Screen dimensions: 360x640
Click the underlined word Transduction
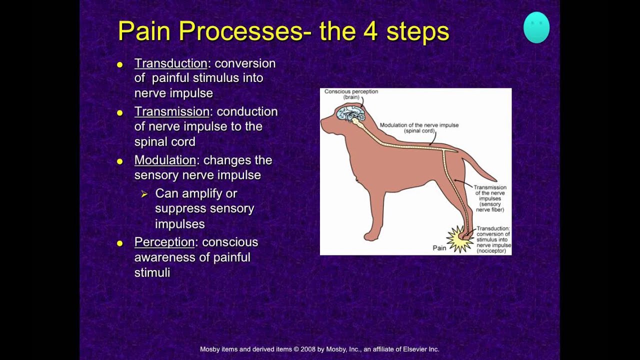(170, 63)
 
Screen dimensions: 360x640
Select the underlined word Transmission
(171, 111)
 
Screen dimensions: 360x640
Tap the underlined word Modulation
(165, 160)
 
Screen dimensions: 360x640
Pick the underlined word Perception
(164, 242)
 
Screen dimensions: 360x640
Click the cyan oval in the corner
(536, 28)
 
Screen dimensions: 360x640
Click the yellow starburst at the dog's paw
(459, 239)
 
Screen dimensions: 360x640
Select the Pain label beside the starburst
(439, 248)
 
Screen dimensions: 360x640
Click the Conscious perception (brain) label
(351, 94)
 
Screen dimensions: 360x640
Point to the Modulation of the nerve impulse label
(419, 128)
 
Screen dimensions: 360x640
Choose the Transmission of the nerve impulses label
(490, 198)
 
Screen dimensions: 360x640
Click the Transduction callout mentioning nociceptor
(493, 239)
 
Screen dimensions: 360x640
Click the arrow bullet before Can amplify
(144, 194)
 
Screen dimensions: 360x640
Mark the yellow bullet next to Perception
(119, 243)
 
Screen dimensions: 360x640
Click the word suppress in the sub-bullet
(177, 208)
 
